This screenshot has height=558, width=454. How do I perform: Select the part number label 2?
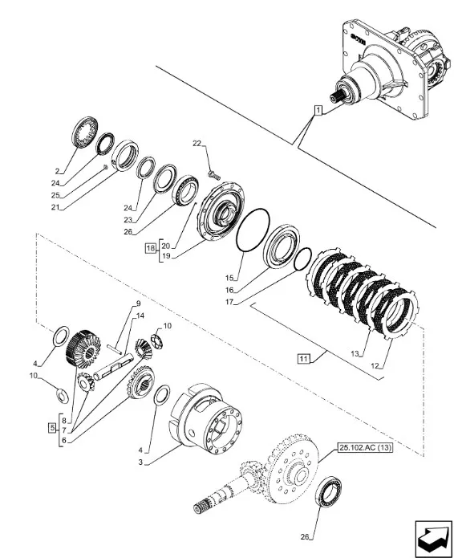(57, 171)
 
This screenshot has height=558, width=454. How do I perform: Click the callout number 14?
(139, 316)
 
